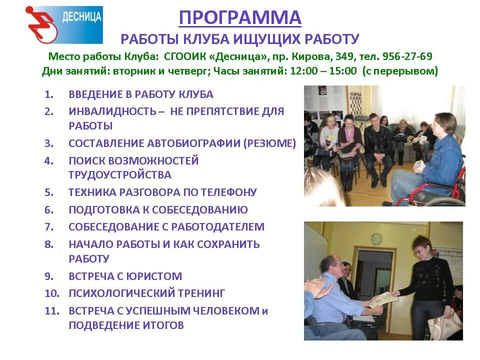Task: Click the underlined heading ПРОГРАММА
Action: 240,18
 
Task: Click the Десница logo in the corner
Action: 64,24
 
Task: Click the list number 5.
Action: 48,192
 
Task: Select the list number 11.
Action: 51,311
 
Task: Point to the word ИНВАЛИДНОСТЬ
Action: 112,111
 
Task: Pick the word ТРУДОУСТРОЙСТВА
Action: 120,175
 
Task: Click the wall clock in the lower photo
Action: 376,238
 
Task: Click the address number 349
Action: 346,56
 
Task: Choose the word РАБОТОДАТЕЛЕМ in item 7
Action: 218,227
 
